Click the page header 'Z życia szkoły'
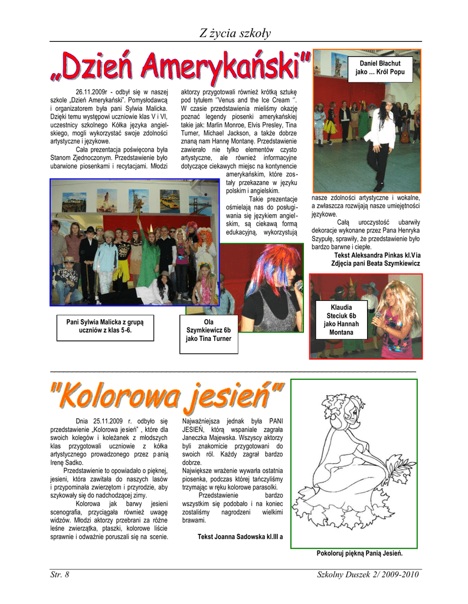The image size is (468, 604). (234, 34)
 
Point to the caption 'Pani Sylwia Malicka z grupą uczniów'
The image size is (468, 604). (105, 326)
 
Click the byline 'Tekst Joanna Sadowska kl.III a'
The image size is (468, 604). (240, 537)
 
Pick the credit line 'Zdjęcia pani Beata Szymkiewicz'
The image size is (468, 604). (375, 264)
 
